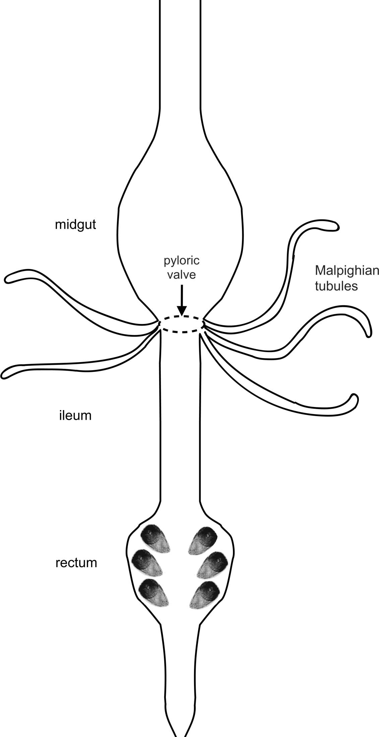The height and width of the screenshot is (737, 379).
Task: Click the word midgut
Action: (x=75, y=225)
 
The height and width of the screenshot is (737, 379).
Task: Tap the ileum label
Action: (x=73, y=416)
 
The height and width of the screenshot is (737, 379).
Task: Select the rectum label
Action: (x=76, y=562)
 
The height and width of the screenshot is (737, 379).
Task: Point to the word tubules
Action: (x=336, y=286)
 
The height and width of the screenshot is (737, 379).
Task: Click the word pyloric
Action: (x=181, y=261)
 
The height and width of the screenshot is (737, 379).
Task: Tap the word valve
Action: (x=181, y=275)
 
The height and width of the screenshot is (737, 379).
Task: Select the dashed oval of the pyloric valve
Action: (x=181, y=324)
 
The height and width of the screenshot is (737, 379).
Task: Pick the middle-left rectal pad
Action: (x=146, y=562)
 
